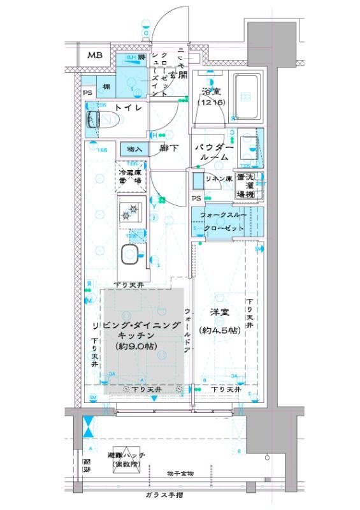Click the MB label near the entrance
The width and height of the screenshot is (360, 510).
(x=94, y=56)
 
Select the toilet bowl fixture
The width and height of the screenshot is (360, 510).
(x=102, y=119)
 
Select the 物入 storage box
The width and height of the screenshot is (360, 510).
(x=134, y=149)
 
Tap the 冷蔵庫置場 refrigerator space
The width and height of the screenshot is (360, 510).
(x=129, y=176)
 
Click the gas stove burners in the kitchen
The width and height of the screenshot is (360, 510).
(x=133, y=209)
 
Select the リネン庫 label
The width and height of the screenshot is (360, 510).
(x=219, y=179)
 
